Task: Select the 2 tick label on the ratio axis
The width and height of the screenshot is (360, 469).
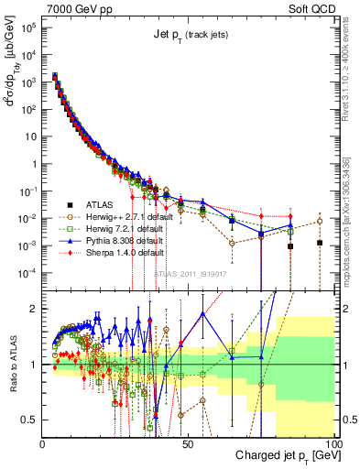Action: [34, 309]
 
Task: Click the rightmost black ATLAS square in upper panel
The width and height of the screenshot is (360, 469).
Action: [319, 243]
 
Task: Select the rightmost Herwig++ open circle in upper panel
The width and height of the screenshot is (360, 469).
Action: [319, 221]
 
